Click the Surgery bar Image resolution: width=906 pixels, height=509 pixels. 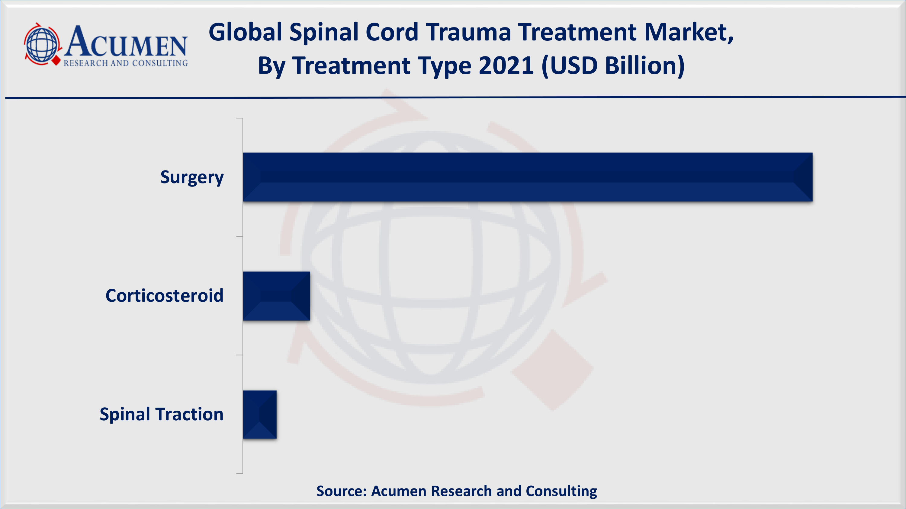tap(528, 177)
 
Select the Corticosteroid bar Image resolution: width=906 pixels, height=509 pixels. tap(276, 296)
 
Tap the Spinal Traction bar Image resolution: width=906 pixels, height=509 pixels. tap(259, 415)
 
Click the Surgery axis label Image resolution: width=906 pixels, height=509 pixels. tap(192, 177)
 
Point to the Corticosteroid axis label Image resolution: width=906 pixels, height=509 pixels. tap(164, 296)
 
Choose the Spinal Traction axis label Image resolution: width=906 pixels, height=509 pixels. tap(162, 415)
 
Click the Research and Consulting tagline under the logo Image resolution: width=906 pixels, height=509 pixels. tap(126, 63)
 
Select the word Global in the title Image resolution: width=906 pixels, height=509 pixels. tap(246, 32)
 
